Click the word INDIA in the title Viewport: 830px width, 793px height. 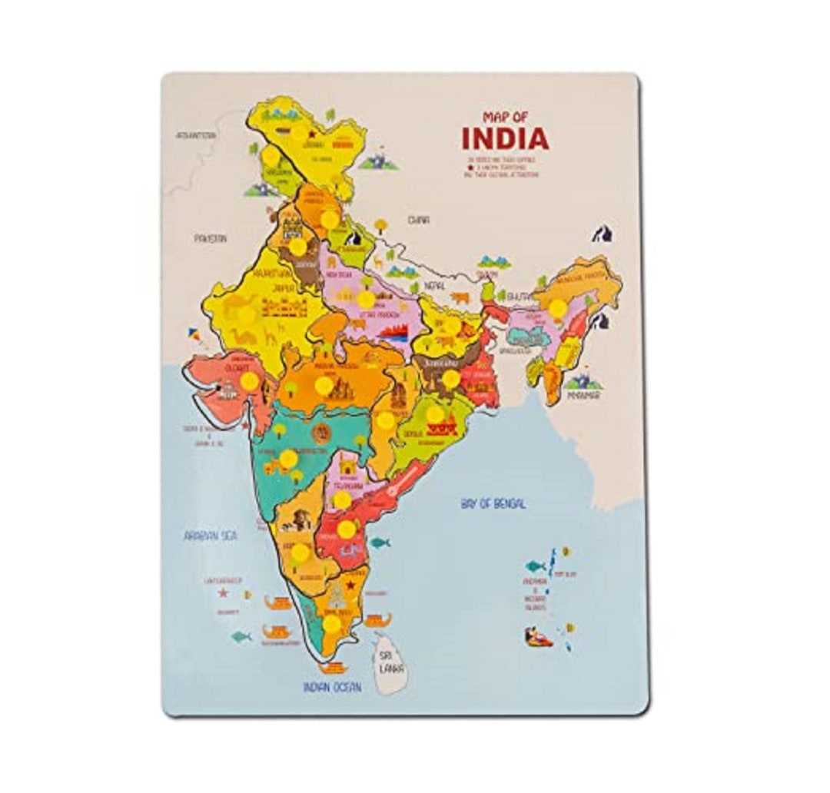tap(505, 138)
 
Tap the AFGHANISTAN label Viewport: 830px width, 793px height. tap(196, 134)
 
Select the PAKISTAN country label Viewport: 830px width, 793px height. tap(210, 238)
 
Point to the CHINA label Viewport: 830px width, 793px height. tap(418, 220)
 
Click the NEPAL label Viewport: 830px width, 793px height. tap(433, 286)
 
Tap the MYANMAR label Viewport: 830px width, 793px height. tap(583, 396)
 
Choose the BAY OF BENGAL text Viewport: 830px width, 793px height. tap(493, 504)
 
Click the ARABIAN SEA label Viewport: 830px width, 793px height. tap(210, 536)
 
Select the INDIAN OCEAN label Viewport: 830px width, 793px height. tap(332, 687)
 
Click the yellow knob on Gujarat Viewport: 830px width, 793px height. tap(249, 381)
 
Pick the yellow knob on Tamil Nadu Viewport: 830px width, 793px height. tap(331, 623)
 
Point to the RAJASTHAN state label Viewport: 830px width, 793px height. tap(274, 272)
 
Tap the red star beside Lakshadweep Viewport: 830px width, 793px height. tap(223, 593)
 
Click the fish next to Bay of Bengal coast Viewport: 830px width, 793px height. tap(380, 542)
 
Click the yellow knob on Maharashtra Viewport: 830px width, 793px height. tap(288, 459)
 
